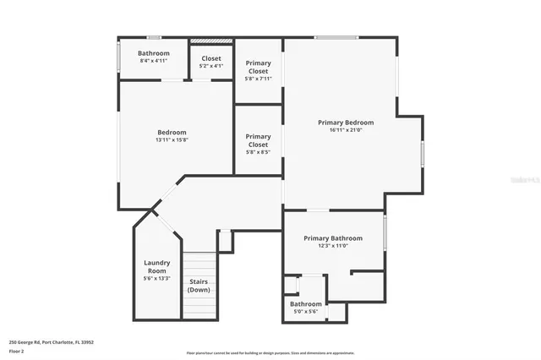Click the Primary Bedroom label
(345, 123)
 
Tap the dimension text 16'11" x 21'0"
(345, 130)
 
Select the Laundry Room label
(157, 266)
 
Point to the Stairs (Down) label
(199, 286)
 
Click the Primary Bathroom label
(333, 238)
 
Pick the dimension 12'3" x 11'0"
(333, 246)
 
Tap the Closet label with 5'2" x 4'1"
(211, 58)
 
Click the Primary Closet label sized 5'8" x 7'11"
(258, 67)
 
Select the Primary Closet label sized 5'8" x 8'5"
(258, 139)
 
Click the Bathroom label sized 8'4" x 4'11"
(154, 53)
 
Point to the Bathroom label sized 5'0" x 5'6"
(306, 304)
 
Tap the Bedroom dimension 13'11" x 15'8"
(172, 140)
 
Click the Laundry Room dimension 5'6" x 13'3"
(157, 278)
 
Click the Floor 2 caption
(16, 351)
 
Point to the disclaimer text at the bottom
(270, 353)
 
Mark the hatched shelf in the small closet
(211, 41)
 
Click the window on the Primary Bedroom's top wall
(336, 37)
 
